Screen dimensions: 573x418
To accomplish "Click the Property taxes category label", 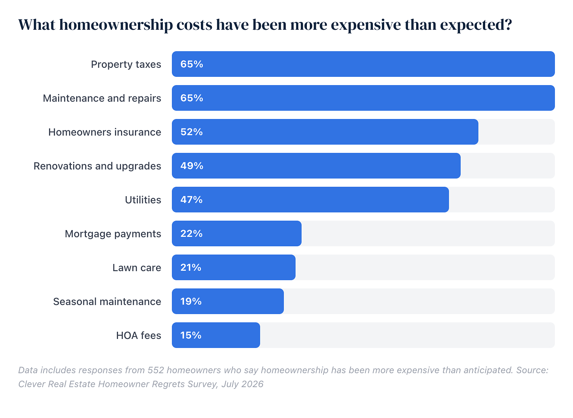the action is point(126,65).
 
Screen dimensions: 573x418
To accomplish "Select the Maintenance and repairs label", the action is point(102,98).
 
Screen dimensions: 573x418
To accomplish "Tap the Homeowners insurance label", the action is point(105,132).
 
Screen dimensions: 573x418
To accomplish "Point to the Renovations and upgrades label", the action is point(98,166).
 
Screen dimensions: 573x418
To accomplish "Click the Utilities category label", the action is point(143,200).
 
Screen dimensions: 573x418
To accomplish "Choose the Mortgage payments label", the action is point(113,234).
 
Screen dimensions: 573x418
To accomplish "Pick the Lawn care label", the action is point(137,268).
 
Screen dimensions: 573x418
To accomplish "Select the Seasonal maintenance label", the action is point(107,302).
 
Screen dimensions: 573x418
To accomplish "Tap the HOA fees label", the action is point(139,336).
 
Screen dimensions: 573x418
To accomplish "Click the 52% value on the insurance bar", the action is point(192,132).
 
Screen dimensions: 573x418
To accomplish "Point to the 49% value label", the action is point(192,166).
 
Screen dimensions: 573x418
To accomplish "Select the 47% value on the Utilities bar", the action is point(192,200).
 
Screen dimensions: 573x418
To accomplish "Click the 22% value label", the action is point(192,234).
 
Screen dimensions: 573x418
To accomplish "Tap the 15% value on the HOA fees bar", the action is point(191,336).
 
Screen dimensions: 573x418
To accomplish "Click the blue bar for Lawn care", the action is point(234,268).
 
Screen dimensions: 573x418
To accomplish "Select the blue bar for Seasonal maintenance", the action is point(228,302).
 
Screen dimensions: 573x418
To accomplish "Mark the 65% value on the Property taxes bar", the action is point(192,64).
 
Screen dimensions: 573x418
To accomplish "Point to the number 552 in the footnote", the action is point(156,371).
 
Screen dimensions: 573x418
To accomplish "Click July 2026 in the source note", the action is point(242,384).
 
